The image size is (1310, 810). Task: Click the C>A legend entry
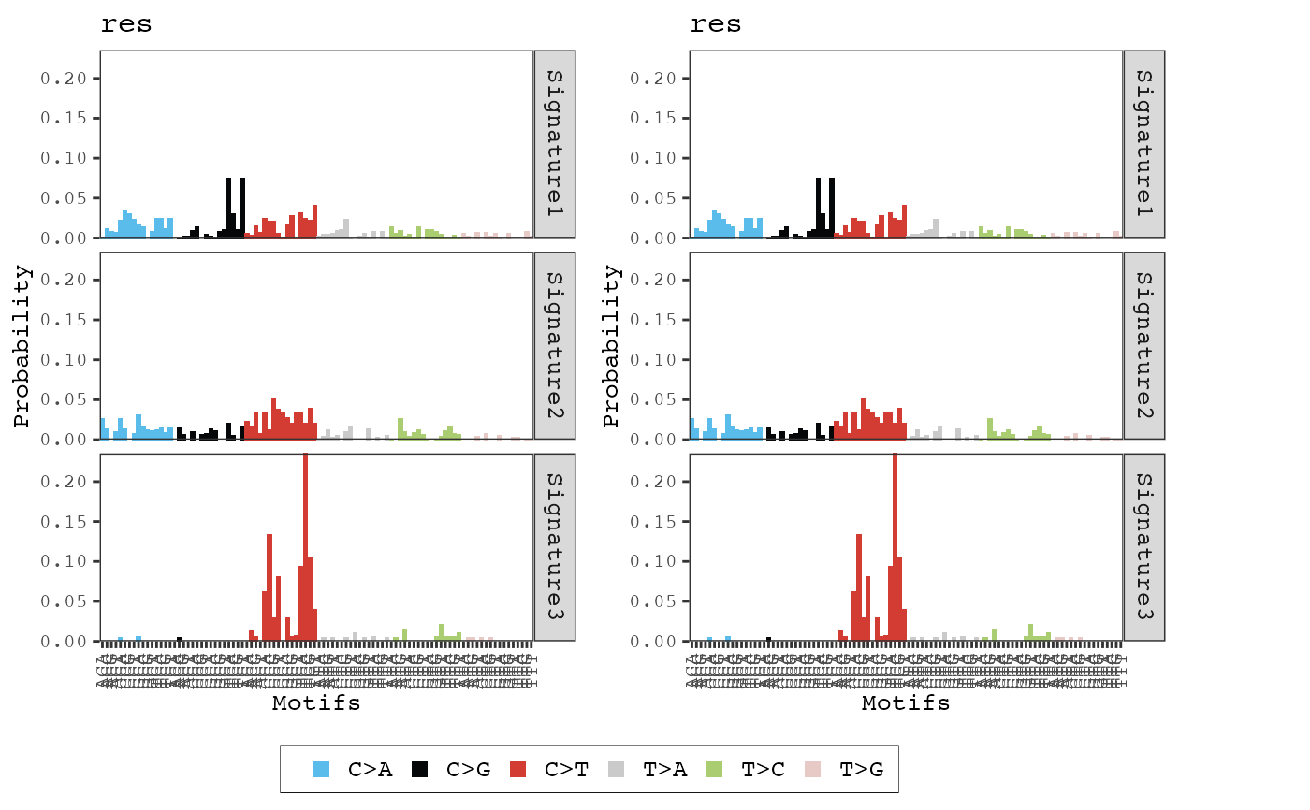(x=369, y=770)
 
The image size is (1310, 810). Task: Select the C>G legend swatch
(x=420, y=770)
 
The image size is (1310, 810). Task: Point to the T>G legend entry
(x=860, y=770)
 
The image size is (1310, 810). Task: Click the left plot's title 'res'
(x=126, y=25)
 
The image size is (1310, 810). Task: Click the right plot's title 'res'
(x=716, y=25)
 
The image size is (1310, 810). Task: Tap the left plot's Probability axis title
(x=22, y=346)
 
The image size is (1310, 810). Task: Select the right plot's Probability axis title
(x=612, y=346)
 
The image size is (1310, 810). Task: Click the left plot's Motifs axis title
(x=316, y=703)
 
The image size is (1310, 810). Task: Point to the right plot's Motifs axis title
(x=906, y=703)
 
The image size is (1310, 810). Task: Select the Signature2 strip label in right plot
(x=1143, y=346)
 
